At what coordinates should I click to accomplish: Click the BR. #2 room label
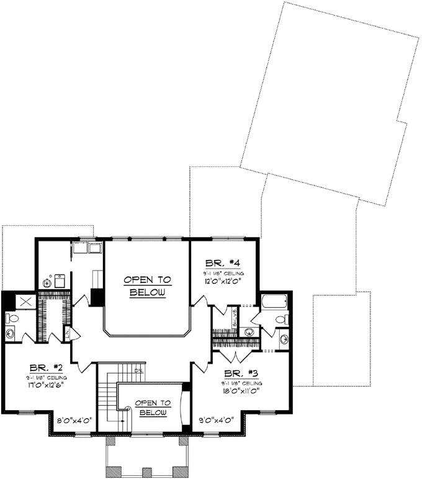point(42,367)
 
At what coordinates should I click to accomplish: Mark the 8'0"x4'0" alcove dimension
point(73,421)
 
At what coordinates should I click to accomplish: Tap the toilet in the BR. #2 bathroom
point(12,318)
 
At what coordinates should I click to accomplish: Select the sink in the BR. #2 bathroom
point(11,333)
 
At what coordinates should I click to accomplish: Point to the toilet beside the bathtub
point(280,320)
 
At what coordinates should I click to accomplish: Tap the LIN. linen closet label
point(68,335)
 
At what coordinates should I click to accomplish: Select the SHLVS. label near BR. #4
point(235,318)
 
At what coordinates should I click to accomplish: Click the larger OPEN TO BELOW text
point(147,286)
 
